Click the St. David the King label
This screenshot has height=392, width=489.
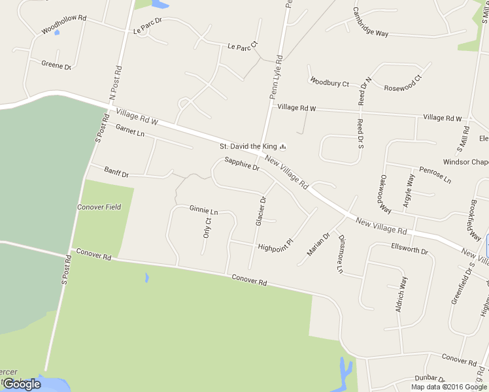click(x=248, y=146)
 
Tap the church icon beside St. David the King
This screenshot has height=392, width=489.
click(x=283, y=146)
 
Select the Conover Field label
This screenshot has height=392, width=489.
click(x=99, y=207)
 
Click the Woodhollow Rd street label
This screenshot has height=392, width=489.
click(x=63, y=30)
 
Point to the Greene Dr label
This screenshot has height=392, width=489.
click(x=56, y=65)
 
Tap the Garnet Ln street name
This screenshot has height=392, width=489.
click(x=129, y=131)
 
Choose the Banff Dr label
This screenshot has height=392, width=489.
click(x=117, y=172)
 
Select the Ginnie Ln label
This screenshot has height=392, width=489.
click(x=203, y=210)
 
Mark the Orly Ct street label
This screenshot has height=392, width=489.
click(x=207, y=227)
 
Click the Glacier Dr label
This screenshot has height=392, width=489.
click(x=260, y=211)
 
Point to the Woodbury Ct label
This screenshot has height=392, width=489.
click(x=329, y=82)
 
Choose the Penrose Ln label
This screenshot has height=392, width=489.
click(x=435, y=174)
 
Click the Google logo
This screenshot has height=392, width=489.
click(x=22, y=384)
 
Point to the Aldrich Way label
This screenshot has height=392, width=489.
click(x=401, y=293)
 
